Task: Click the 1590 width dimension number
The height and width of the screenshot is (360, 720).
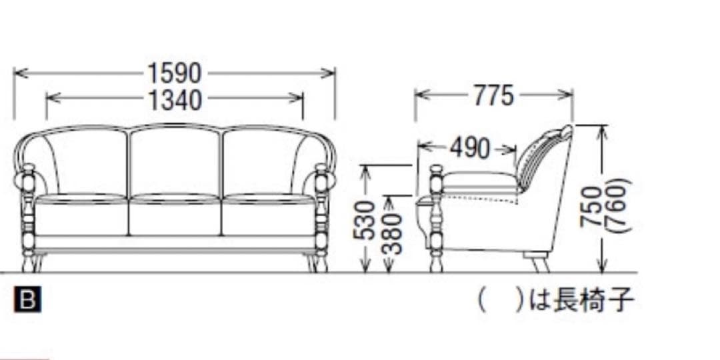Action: coord(175,73)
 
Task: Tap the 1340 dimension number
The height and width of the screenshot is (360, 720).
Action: coord(175,99)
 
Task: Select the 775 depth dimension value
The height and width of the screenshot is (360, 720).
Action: coord(493,95)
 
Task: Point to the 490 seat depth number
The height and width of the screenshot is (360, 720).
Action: coord(470,148)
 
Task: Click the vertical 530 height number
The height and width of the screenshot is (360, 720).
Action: coord(365,219)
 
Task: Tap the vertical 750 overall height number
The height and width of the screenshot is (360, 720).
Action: coord(591,207)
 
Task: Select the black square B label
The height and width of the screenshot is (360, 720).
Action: coord(27,299)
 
